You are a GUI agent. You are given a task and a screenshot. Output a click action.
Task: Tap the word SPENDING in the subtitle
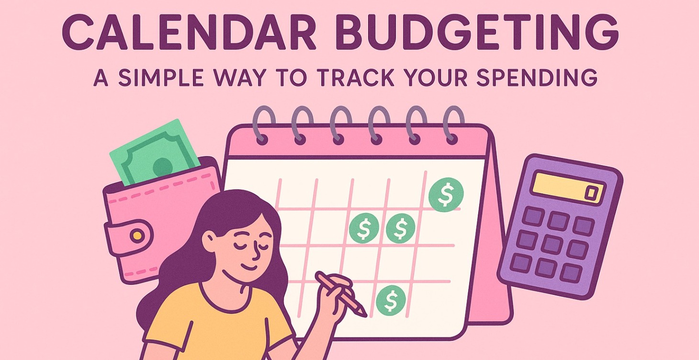(536, 78)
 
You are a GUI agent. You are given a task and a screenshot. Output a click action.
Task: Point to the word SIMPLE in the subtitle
(163, 78)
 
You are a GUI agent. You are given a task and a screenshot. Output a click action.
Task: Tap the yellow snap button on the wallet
(137, 235)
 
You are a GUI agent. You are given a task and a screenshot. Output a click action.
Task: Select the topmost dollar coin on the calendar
(446, 194)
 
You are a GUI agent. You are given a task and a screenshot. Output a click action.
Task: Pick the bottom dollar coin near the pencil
(391, 301)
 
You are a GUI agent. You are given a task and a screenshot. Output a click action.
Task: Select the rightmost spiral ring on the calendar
(452, 124)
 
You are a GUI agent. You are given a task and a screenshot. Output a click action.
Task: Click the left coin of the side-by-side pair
(364, 227)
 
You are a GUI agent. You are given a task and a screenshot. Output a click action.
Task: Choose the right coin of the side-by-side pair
(401, 228)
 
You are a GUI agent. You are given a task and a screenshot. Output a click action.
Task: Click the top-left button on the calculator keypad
(532, 216)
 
